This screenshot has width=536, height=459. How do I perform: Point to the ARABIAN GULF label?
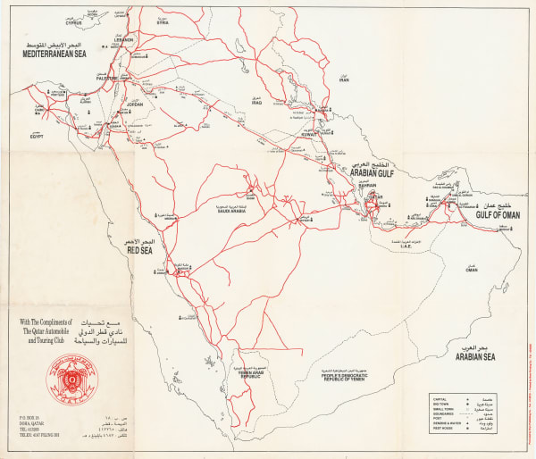[x=371, y=176]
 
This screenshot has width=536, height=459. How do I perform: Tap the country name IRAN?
[x=344, y=79]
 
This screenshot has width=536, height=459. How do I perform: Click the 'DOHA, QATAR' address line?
[x=29, y=425]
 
